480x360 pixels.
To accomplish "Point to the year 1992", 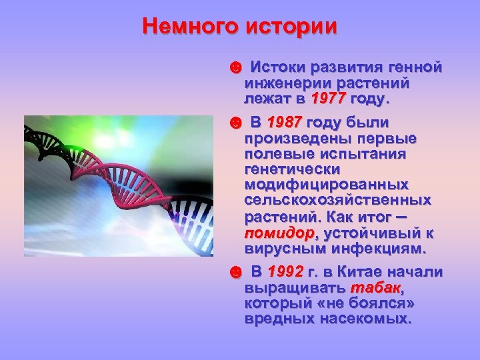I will point(285,273).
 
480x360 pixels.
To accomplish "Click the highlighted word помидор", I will point(279,234).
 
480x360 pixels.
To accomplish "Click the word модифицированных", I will point(327,185).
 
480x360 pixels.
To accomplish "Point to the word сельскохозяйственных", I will point(338,200).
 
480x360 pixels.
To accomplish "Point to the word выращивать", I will point(293,288).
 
